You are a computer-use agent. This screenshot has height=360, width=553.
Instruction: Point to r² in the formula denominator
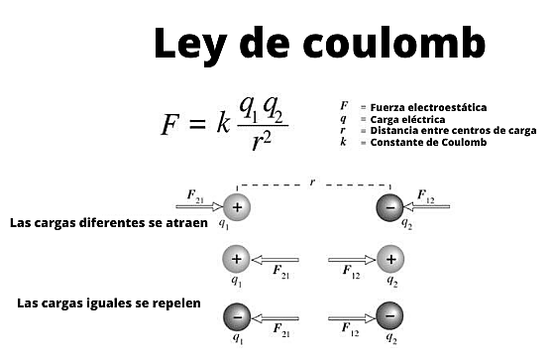pyautogui.click(x=263, y=142)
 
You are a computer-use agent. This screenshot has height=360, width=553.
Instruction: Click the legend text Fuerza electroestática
pyautogui.click(x=428, y=107)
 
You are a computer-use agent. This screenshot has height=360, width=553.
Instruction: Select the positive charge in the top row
pyautogui.click(x=236, y=207)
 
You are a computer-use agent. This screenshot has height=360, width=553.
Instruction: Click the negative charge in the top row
pyautogui.click(x=391, y=207)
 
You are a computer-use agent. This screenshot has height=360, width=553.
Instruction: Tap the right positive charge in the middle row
pyautogui.click(x=391, y=260)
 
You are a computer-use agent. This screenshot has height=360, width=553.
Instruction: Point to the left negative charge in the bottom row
pyautogui.click(x=236, y=317)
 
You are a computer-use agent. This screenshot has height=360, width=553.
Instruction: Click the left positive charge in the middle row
pyautogui.click(x=236, y=260)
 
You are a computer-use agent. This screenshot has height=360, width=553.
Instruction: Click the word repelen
pyautogui.click(x=175, y=302)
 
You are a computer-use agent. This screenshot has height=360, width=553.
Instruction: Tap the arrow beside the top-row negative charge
pyautogui.click(x=428, y=207)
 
